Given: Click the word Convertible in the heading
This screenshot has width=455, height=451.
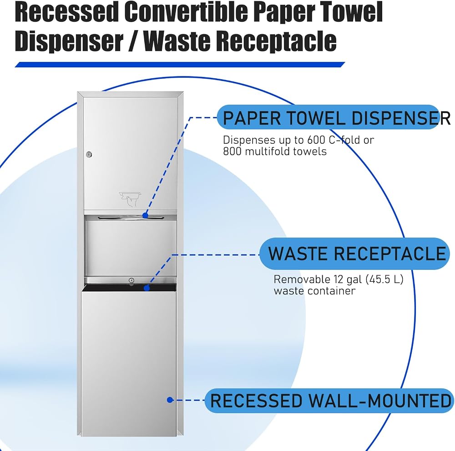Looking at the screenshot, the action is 186,12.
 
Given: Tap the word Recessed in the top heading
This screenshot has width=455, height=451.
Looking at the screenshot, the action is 66,12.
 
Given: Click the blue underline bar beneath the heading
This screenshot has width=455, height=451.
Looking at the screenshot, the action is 180,65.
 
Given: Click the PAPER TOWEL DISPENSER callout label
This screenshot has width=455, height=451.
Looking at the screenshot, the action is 334,117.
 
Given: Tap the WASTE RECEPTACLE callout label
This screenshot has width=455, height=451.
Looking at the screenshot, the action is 354,253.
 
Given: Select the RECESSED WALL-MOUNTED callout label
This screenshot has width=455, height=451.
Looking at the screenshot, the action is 329,400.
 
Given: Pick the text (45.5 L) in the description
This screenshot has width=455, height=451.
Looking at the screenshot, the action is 384,279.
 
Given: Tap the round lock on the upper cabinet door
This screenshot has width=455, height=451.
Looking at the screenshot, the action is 89,154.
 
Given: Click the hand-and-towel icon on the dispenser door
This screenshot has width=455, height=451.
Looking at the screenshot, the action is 130,199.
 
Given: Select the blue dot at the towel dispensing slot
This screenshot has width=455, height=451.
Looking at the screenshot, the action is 146,215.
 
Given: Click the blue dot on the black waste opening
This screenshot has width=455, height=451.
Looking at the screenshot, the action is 147,288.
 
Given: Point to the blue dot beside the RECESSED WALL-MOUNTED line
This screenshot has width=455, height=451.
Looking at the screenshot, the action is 170,400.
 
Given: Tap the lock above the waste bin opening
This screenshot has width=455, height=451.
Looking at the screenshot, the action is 131,280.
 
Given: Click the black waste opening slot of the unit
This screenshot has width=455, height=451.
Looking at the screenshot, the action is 129,288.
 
